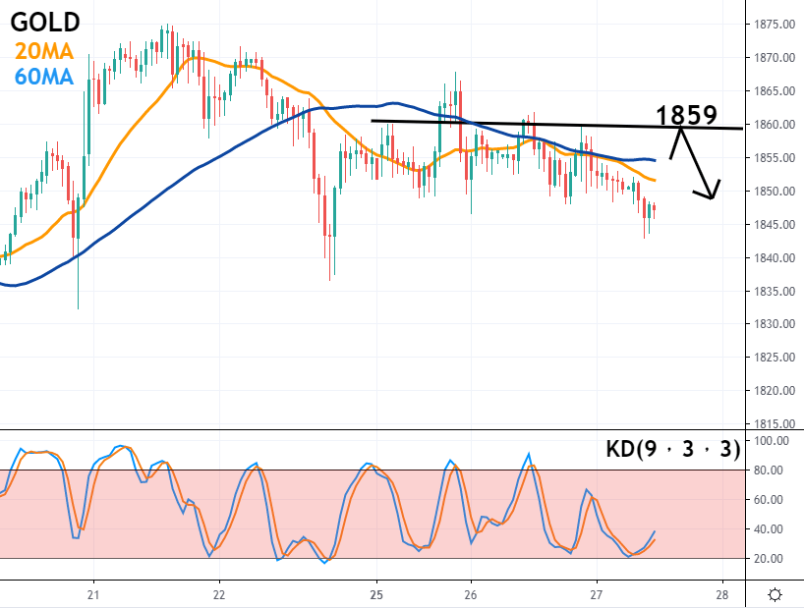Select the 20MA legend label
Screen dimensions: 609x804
click(42, 49)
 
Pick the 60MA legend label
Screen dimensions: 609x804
click(42, 75)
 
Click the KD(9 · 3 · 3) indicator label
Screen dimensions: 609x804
click(670, 450)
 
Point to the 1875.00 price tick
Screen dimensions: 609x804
click(774, 24)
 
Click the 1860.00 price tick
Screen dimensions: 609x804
click(774, 125)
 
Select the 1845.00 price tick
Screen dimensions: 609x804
click(774, 225)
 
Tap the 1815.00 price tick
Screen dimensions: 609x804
click(774, 424)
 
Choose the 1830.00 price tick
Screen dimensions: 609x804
click(774, 324)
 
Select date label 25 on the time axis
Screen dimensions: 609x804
click(376, 594)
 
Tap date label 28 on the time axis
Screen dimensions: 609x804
click(722, 594)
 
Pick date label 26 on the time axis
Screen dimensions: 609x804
click(471, 594)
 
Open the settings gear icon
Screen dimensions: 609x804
click(775, 594)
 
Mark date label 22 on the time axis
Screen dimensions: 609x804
click(219, 594)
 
